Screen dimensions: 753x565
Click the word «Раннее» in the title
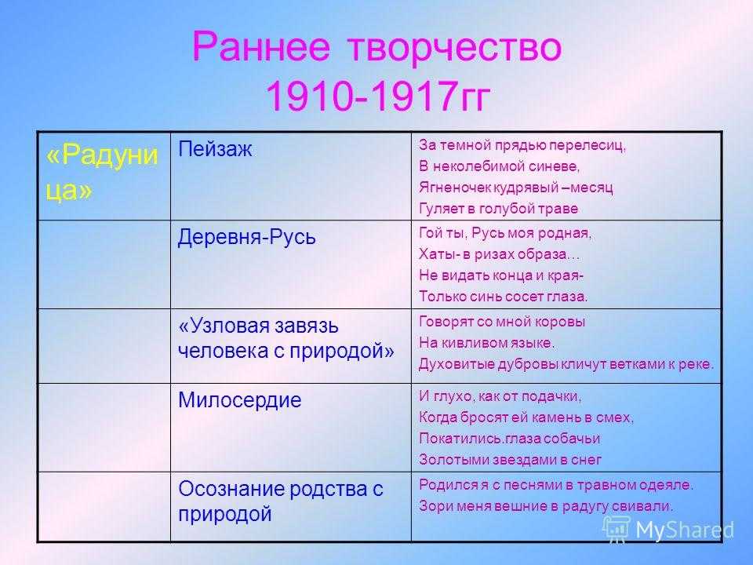(x=261, y=47)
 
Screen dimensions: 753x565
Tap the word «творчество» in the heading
(x=454, y=47)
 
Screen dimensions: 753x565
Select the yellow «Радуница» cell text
(x=102, y=172)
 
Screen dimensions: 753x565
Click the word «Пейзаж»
(x=215, y=150)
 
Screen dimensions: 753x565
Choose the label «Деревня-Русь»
(x=247, y=237)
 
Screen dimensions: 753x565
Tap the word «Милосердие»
(x=240, y=399)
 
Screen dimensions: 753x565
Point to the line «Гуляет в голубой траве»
(x=499, y=209)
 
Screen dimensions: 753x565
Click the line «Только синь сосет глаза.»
(x=504, y=297)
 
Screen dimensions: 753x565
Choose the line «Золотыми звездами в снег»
(x=510, y=460)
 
